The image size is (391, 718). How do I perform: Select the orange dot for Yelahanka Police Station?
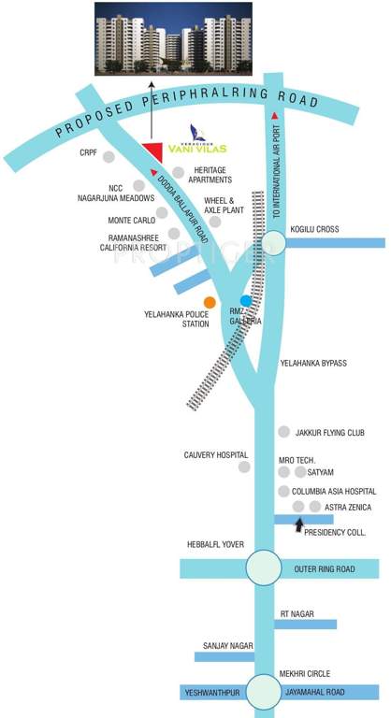pyautogui.click(x=210, y=302)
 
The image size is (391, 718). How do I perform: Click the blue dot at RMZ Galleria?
pyautogui.click(x=246, y=301)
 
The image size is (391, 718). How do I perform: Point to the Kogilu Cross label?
pyautogui.click(x=315, y=229)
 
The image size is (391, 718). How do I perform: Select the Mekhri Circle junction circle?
pyautogui.click(x=265, y=692)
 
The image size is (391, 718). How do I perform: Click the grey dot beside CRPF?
pyautogui.click(x=110, y=156)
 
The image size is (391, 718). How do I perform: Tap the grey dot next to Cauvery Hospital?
pyautogui.click(x=244, y=466)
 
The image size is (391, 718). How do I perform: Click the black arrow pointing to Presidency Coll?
pyautogui.click(x=299, y=526)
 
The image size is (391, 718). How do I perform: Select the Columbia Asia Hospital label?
pyautogui.click(x=334, y=491)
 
